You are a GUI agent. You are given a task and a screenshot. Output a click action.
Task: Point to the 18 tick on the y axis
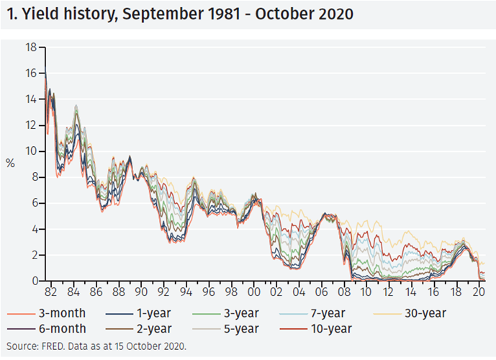click(x=31, y=48)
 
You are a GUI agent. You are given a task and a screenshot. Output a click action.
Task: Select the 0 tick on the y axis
click(x=34, y=281)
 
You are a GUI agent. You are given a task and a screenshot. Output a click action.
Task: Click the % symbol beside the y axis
click(x=11, y=163)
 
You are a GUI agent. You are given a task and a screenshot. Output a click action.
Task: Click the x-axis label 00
click(x=253, y=294)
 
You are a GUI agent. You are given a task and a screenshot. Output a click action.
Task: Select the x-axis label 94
click(x=186, y=294)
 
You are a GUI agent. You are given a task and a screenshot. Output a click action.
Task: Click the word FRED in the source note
click(x=55, y=346)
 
